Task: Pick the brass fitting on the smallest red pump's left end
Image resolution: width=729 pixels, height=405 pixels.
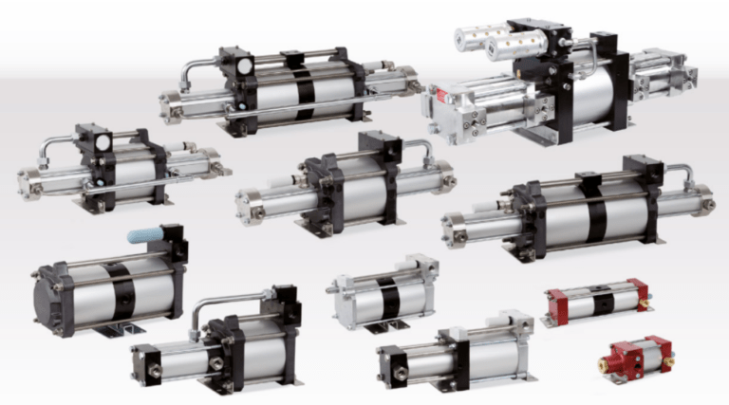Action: pos(604,364)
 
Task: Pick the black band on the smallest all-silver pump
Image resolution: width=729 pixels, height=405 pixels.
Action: pos(389,296)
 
